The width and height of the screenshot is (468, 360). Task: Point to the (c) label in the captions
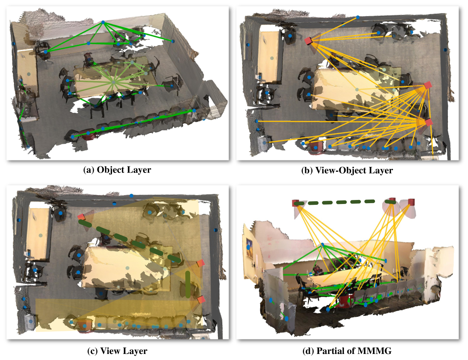tap(92, 351)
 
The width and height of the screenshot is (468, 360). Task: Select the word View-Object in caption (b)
tap(340, 170)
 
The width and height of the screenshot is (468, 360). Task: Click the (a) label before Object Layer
tap(89, 170)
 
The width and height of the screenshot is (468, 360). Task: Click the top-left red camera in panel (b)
tap(309, 40)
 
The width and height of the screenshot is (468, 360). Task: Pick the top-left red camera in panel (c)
tap(81, 216)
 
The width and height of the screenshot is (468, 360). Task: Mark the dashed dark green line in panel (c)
tap(130, 241)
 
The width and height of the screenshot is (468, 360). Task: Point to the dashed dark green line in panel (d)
tap(345, 202)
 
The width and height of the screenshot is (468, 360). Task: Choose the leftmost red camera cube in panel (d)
tap(296, 203)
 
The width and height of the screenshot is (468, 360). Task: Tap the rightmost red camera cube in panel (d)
tap(412, 202)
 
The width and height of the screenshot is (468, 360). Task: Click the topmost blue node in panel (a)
tap(103, 23)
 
